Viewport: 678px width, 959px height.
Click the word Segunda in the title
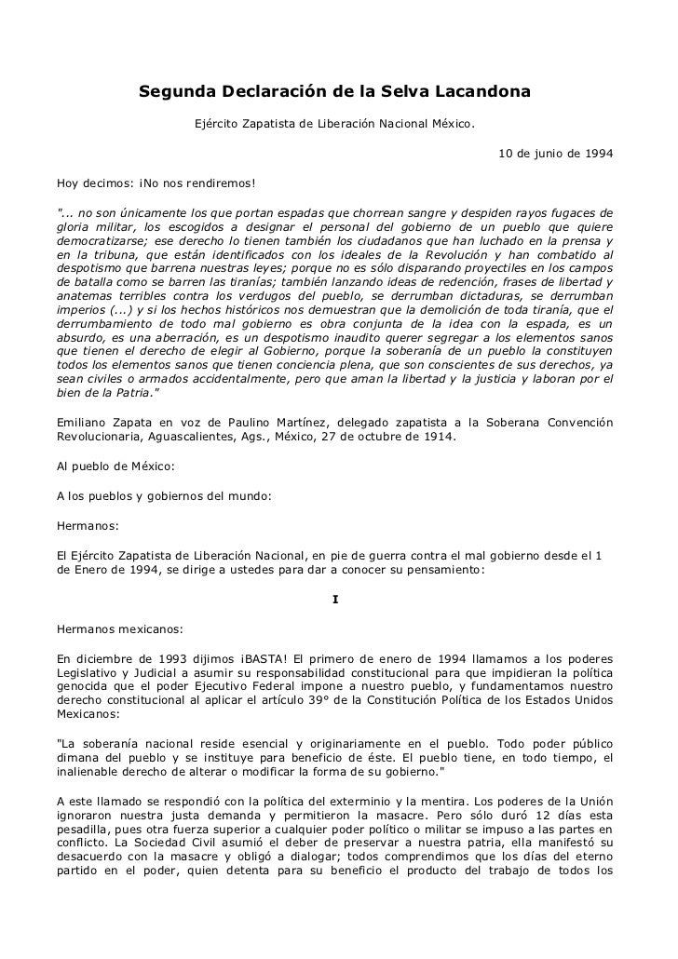point(174,93)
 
